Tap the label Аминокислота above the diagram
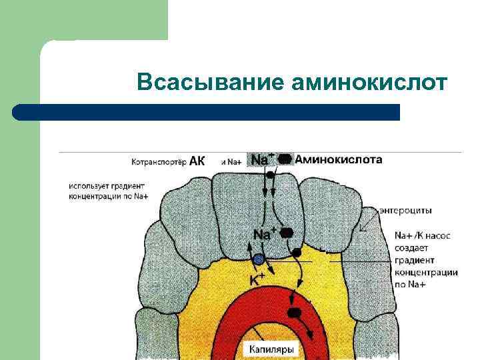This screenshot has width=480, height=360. click(339, 159)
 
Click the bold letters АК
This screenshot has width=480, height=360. click(197, 161)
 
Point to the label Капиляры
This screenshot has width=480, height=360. click(271, 349)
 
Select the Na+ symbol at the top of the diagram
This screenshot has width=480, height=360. click(261, 160)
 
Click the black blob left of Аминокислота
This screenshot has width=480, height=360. click(285, 159)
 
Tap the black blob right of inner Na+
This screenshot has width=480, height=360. click(287, 233)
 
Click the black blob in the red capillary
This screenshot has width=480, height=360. click(293, 312)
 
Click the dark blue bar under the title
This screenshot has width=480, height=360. click(207, 112)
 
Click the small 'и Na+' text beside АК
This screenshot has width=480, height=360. click(230, 162)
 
